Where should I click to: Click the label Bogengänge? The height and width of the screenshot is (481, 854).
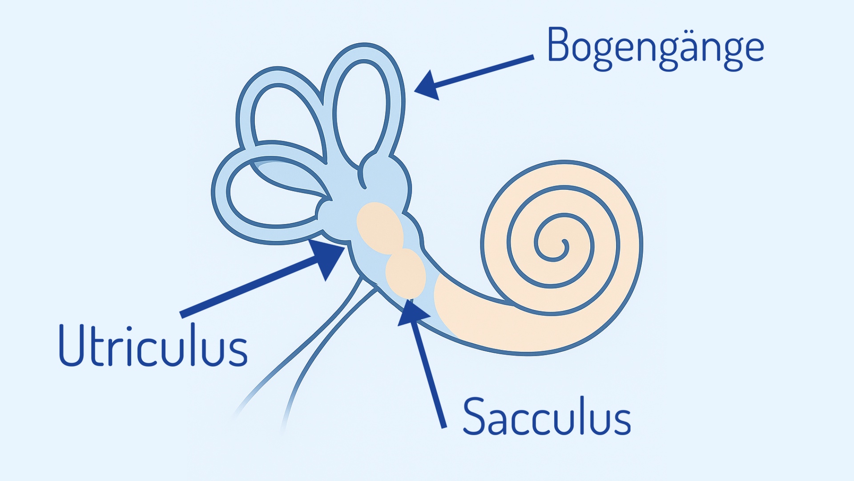pyautogui.click(x=655, y=48)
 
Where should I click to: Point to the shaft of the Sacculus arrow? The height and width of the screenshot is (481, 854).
pyautogui.click(x=429, y=374)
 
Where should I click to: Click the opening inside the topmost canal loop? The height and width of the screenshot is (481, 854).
pyautogui.click(x=361, y=111)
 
